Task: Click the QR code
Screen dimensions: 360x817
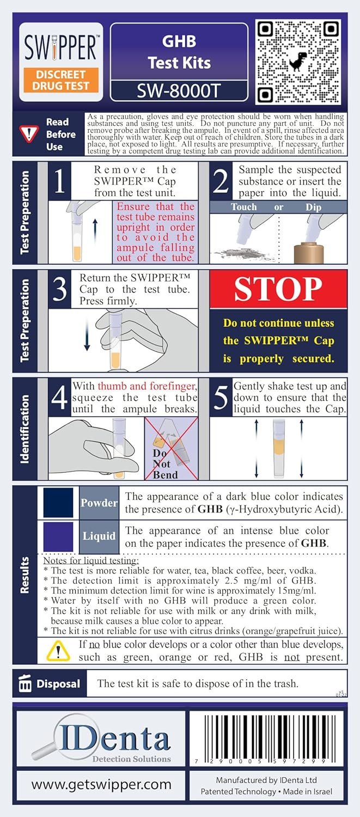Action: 298,63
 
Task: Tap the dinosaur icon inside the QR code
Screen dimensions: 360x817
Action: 298,63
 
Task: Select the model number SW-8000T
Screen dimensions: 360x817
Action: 179,91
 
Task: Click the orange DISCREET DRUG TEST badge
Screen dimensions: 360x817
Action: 61,80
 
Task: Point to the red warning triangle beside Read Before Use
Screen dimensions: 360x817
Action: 29,134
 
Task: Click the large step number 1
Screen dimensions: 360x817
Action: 59,181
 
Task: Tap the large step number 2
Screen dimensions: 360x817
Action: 221,181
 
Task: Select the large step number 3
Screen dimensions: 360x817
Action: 60,289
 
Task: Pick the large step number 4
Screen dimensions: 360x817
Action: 60,397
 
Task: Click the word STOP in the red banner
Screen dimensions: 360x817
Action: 278,289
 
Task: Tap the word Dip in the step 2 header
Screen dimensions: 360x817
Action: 313,207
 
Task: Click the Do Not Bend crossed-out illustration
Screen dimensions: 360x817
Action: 172,449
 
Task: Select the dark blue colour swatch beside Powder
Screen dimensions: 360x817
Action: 58,503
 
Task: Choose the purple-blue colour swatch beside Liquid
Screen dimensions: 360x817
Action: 58,536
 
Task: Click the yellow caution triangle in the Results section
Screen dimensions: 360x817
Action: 58,651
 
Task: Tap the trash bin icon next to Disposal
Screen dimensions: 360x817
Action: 25,683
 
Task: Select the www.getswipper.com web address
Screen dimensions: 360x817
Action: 101,784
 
